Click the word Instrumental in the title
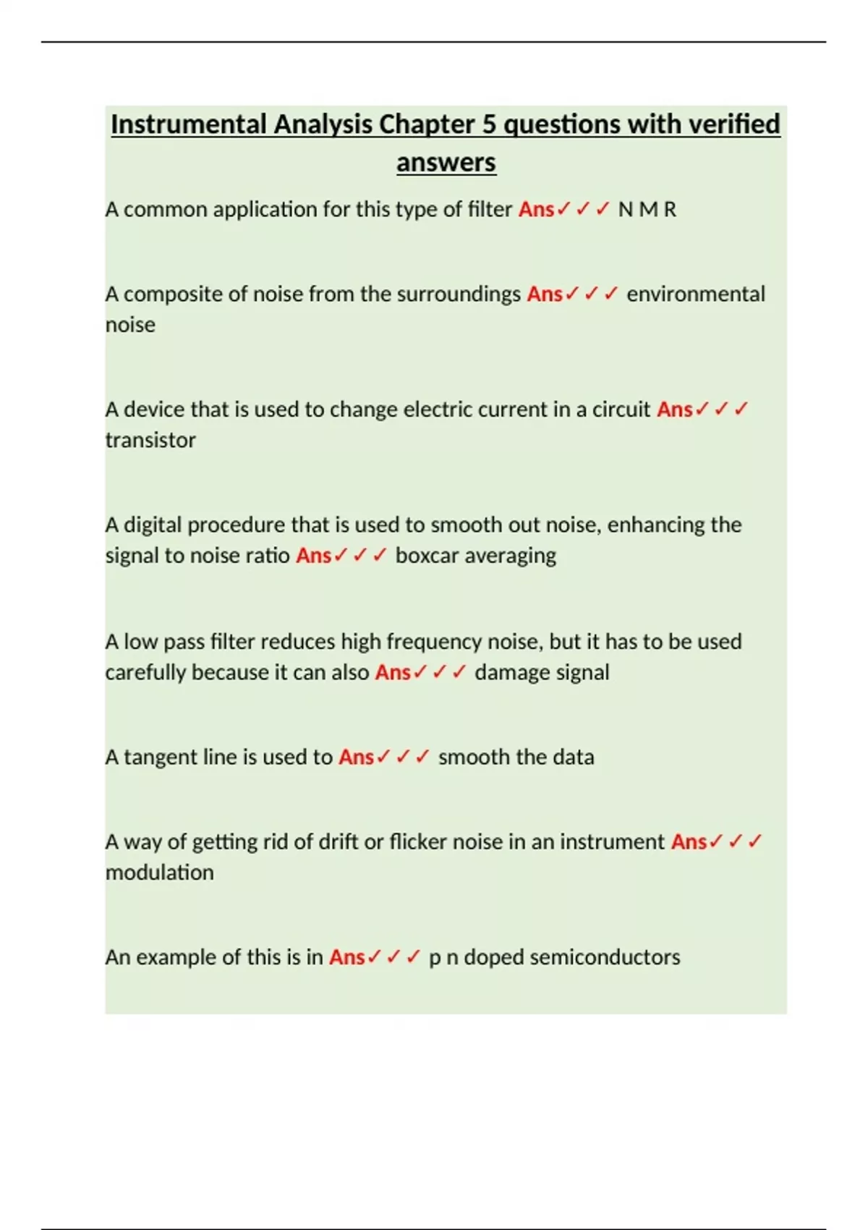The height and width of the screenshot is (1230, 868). pos(189,124)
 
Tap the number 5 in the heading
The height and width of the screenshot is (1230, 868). pos(489,124)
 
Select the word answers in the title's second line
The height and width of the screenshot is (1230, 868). pos(446,162)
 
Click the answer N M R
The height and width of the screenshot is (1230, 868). pos(647,210)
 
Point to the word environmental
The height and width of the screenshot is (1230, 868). pos(695,294)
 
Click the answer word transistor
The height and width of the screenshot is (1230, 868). pos(150,440)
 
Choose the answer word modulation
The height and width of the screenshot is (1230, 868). pos(159,873)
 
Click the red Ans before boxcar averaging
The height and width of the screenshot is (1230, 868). pos(313,556)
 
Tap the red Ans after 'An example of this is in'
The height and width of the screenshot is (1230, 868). pos(346,957)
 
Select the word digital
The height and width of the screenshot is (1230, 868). pos(153,525)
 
